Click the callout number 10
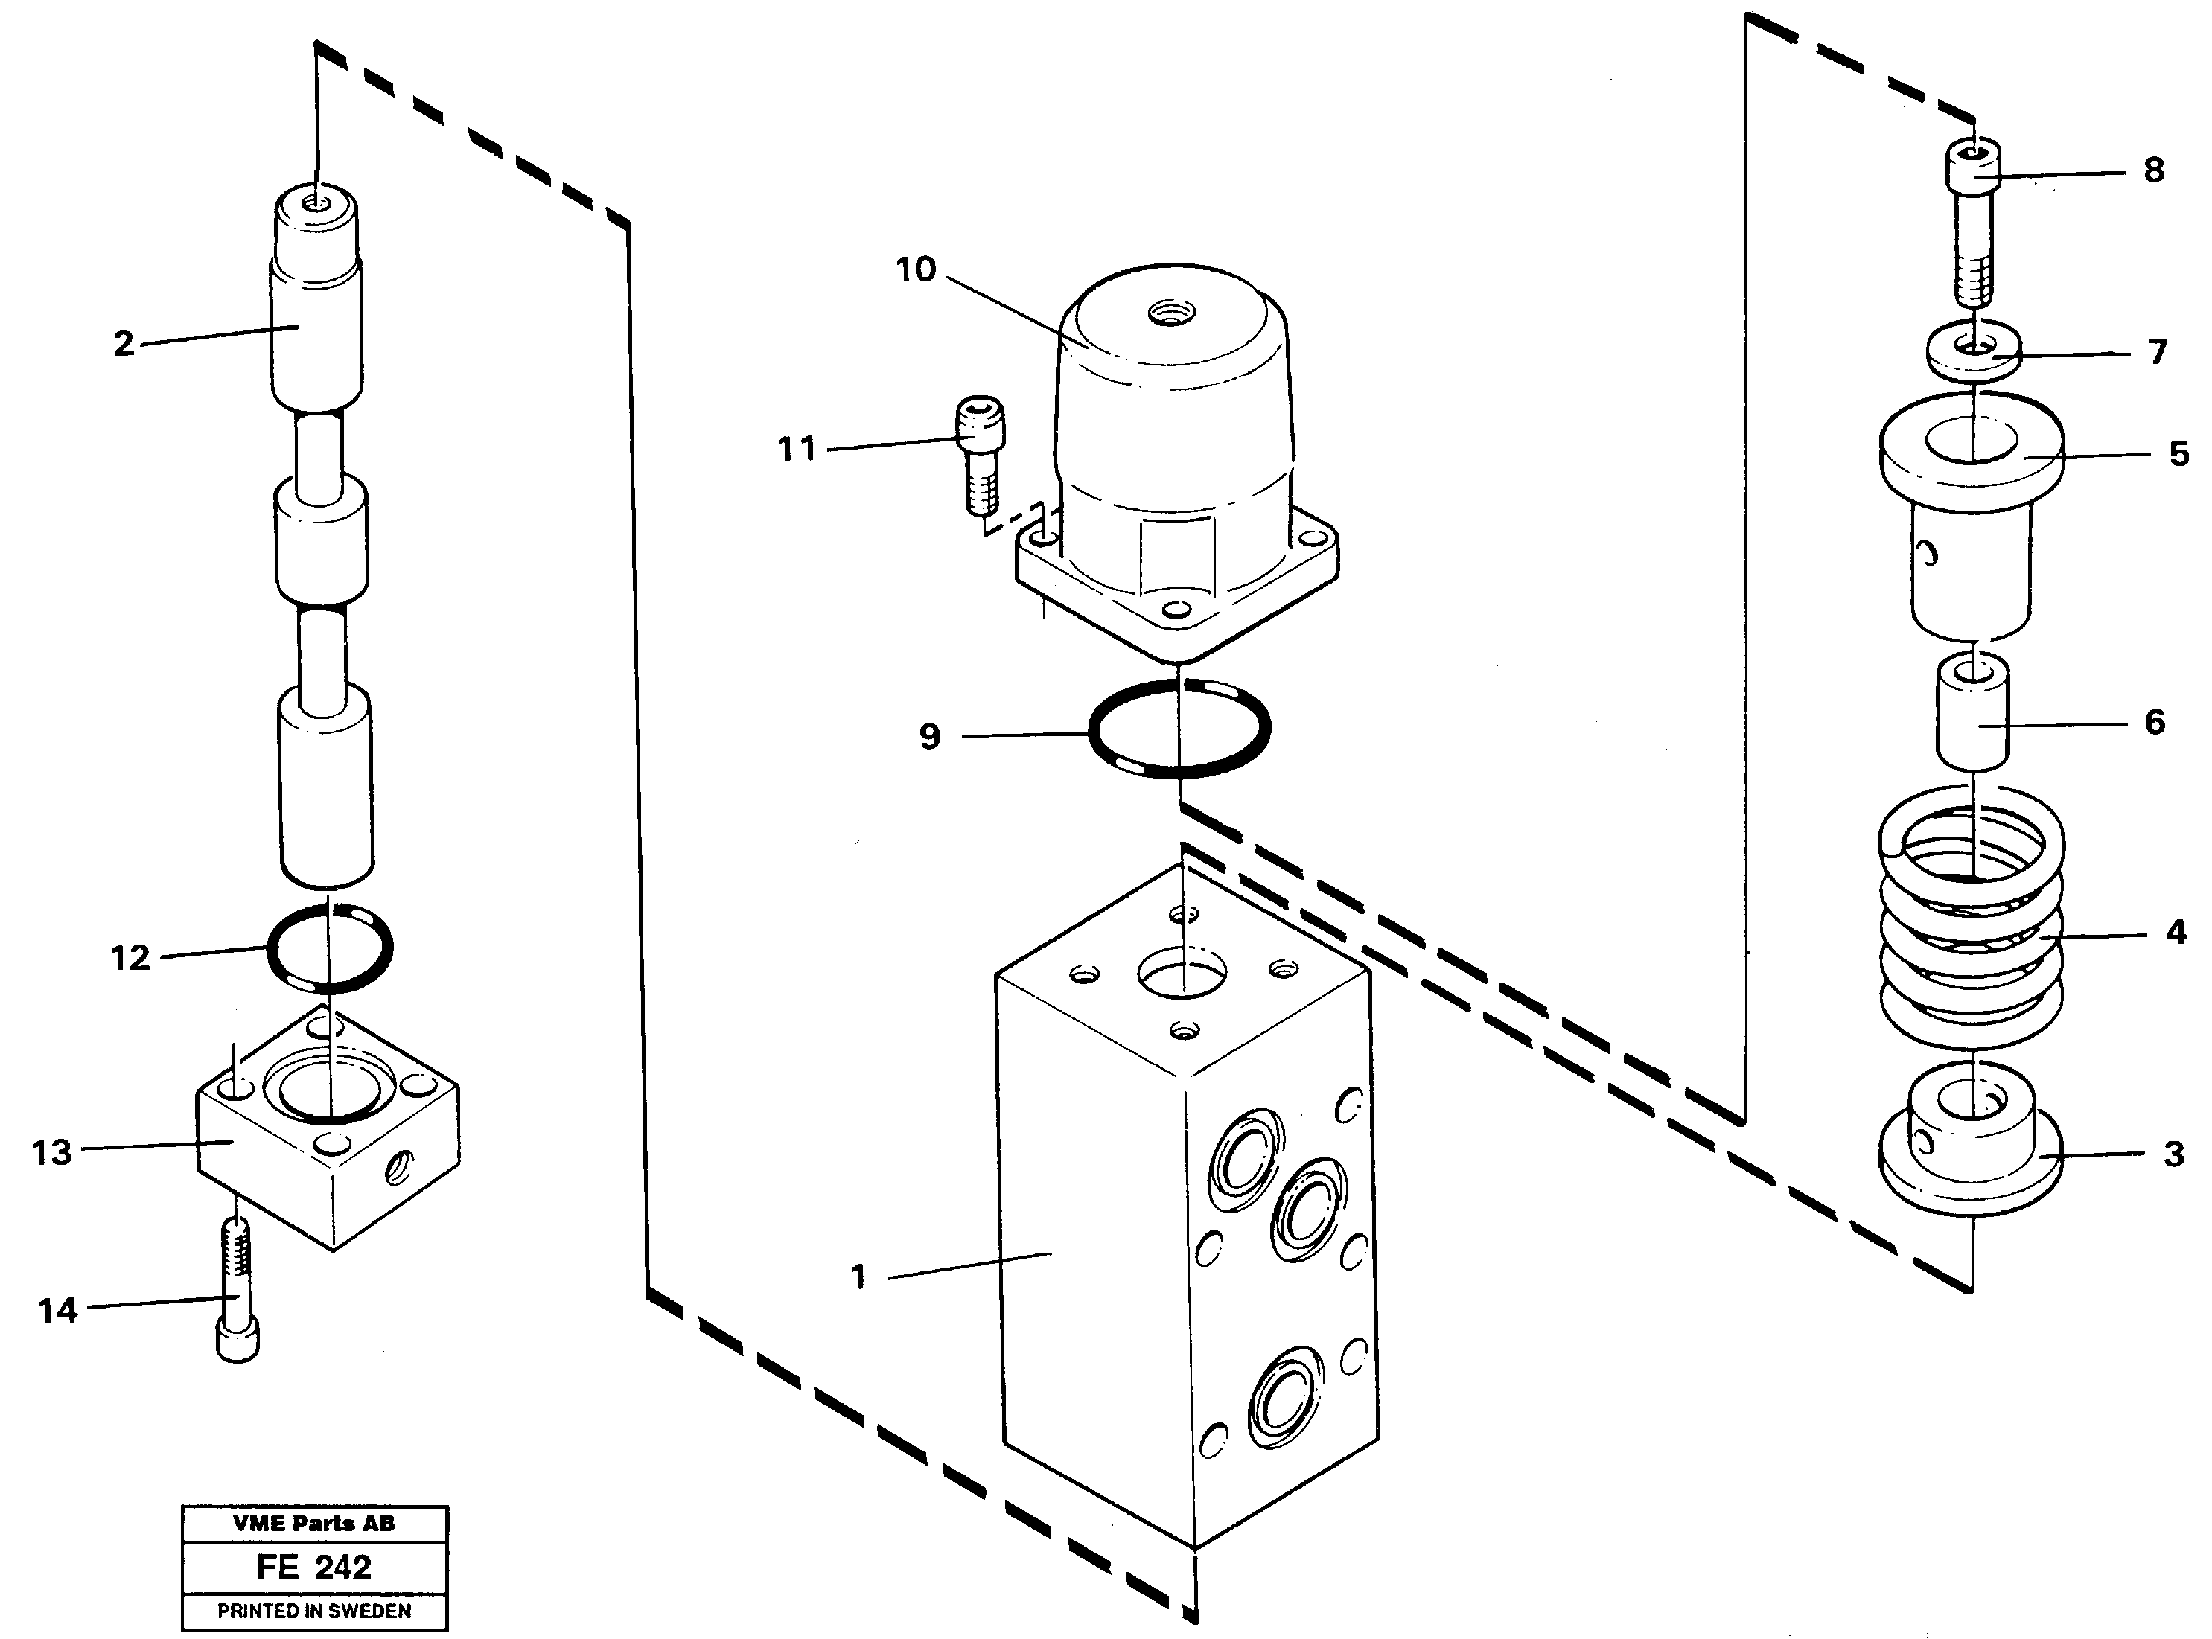(915, 270)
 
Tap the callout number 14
(57, 1311)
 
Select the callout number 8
(2152, 170)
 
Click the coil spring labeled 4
(1971, 933)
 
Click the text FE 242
(313, 1568)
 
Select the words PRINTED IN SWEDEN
(313, 1611)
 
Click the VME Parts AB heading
(313, 1524)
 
